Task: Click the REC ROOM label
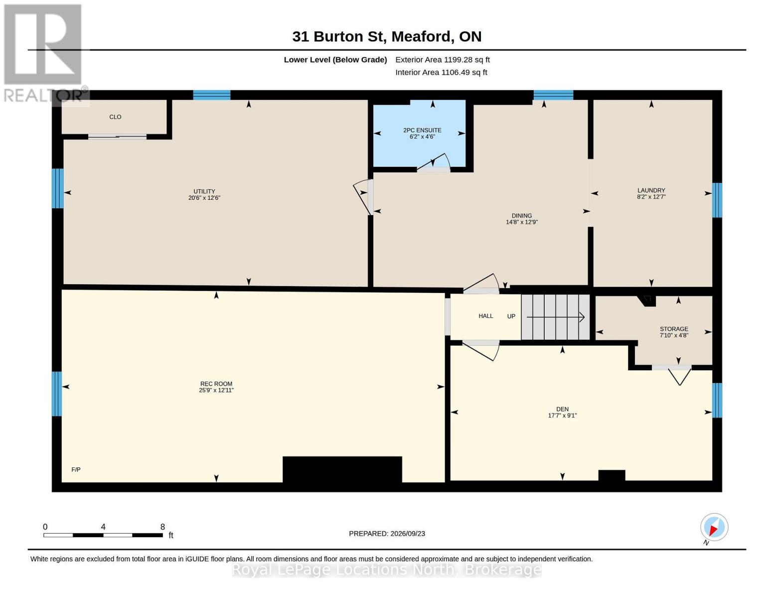(x=216, y=384)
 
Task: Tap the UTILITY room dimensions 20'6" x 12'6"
(x=204, y=198)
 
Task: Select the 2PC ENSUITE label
(x=422, y=131)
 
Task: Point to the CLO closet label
(x=115, y=117)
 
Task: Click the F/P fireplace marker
(x=76, y=469)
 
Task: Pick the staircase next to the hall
(x=555, y=316)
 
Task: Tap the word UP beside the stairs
(x=511, y=316)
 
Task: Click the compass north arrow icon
(x=714, y=527)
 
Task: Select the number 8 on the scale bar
(x=162, y=527)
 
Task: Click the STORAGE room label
(x=674, y=329)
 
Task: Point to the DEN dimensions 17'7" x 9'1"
(x=562, y=415)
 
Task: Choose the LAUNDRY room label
(x=651, y=190)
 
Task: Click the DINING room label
(x=522, y=215)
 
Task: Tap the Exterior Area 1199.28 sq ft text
(x=443, y=60)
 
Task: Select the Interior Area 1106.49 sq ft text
(x=441, y=72)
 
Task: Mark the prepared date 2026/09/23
(x=408, y=534)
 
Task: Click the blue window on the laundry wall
(x=717, y=200)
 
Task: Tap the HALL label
(x=486, y=316)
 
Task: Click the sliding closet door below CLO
(x=117, y=137)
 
